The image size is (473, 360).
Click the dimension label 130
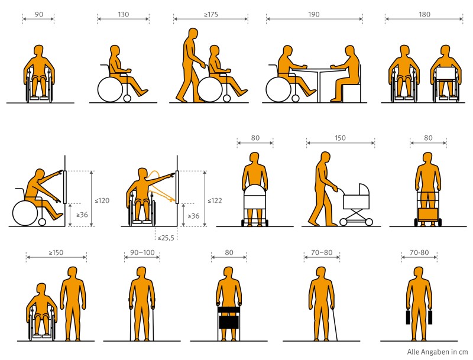point(123,14)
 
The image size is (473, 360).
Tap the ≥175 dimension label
point(211,14)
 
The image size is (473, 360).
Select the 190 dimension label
point(314,14)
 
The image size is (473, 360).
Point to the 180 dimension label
point(424,14)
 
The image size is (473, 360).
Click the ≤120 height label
point(102,200)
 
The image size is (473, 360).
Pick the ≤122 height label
point(215,200)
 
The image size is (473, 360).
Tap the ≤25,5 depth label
point(166,238)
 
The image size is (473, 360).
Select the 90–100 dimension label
point(142,252)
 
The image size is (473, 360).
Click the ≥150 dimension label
point(56,252)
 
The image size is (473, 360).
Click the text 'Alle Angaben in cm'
point(437,352)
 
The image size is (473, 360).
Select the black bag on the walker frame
point(229,322)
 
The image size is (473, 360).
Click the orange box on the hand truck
point(427,215)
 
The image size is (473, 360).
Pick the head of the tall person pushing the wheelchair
point(193,34)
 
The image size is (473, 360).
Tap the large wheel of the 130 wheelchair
point(110,89)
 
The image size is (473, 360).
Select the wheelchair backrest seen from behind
point(445,73)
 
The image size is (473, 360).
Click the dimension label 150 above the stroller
point(340,138)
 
